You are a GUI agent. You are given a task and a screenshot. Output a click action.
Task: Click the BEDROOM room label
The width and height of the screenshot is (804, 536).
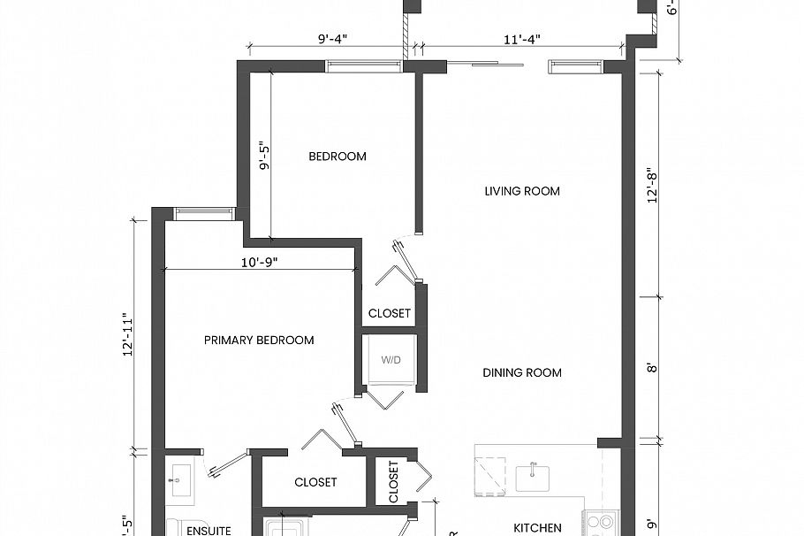point(337,157)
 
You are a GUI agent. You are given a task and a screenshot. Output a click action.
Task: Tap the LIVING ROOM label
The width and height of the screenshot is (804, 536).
point(521,191)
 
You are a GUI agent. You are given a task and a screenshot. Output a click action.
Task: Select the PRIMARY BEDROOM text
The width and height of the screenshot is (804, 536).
point(258,341)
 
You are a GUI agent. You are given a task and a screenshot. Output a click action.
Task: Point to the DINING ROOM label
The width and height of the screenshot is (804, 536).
point(521,373)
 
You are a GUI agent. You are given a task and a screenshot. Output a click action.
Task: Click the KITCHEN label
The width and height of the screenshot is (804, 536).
point(537,528)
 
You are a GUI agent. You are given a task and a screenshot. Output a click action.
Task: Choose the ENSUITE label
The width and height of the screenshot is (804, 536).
point(209,531)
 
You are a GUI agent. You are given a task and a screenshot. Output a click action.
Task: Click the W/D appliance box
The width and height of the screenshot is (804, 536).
point(390,361)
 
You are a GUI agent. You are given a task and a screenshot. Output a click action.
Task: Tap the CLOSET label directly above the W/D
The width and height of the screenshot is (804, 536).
point(389,314)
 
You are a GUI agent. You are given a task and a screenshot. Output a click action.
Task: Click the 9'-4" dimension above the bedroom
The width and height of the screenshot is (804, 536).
point(332,39)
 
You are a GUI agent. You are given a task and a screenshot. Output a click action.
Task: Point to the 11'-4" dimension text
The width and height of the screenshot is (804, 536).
point(522,39)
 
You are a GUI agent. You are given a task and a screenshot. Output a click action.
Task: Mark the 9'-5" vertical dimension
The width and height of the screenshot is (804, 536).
point(262,156)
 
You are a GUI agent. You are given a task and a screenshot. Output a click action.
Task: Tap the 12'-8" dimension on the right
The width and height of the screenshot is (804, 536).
point(653,186)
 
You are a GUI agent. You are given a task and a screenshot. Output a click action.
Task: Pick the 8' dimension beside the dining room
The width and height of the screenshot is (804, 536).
point(653,367)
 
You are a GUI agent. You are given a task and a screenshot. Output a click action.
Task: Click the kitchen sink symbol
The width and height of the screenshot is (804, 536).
point(534,476)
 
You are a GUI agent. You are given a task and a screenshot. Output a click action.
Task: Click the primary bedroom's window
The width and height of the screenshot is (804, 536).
point(203,212)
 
